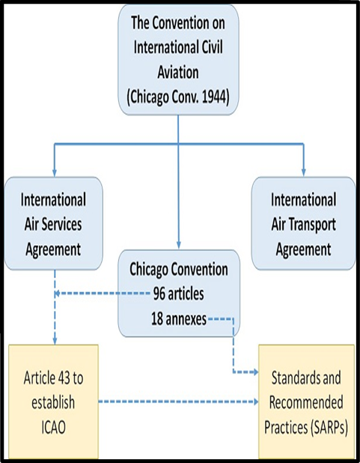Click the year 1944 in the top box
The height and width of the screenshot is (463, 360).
click(x=214, y=97)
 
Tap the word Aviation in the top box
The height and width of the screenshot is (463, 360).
click(x=178, y=72)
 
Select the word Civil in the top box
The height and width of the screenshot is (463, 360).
click(x=212, y=47)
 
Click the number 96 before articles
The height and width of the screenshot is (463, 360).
click(x=159, y=294)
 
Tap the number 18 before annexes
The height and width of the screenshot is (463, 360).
click(x=157, y=319)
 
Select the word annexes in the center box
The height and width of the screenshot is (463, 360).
click(x=186, y=319)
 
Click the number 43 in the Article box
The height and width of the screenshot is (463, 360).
click(x=64, y=378)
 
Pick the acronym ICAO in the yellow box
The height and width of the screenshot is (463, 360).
click(x=53, y=427)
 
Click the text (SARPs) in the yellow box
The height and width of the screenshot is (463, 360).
click(x=329, y=428)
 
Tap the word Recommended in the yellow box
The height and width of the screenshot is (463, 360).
click(x=306, y=402)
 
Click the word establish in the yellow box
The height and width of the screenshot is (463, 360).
click(x=53, y=402)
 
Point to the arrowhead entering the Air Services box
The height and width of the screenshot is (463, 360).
click(x=55, y=173)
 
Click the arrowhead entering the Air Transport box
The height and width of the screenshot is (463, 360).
click(x=304, y=173)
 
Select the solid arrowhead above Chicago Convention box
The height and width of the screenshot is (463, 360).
click(x=179, y=245)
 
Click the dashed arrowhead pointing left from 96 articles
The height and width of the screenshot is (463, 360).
click(x=57, y=294)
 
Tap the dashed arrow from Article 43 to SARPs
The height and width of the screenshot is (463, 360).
click(x=178, y=402)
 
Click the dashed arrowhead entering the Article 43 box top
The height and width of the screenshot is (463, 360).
click(x=55, y=341)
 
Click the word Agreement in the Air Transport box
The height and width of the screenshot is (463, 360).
click(x=303, y=249)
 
